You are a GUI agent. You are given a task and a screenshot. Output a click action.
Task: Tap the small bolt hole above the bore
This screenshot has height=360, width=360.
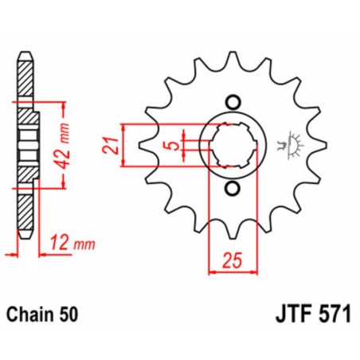point(233,101)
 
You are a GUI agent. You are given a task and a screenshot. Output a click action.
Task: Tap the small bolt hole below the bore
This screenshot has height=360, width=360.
point(233,189)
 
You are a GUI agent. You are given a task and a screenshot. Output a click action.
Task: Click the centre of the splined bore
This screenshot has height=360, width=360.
point(232,145)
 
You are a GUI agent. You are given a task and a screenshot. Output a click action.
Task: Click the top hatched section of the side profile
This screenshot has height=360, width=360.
point(26,84)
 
